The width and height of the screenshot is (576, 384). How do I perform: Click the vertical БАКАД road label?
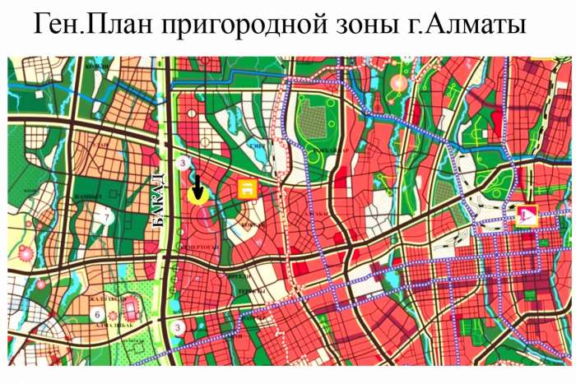(160, 202)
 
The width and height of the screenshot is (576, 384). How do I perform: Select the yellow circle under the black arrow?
(197, 195)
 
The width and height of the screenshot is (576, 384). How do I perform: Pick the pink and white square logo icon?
(525, 216)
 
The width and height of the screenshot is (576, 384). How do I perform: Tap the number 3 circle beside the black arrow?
(181, 164)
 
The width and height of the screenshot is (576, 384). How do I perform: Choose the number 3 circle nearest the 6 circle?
(178, 326)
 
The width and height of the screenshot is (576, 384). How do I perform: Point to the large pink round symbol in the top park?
(399, 83)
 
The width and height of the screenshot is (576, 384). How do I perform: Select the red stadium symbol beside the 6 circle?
(130, 309)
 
